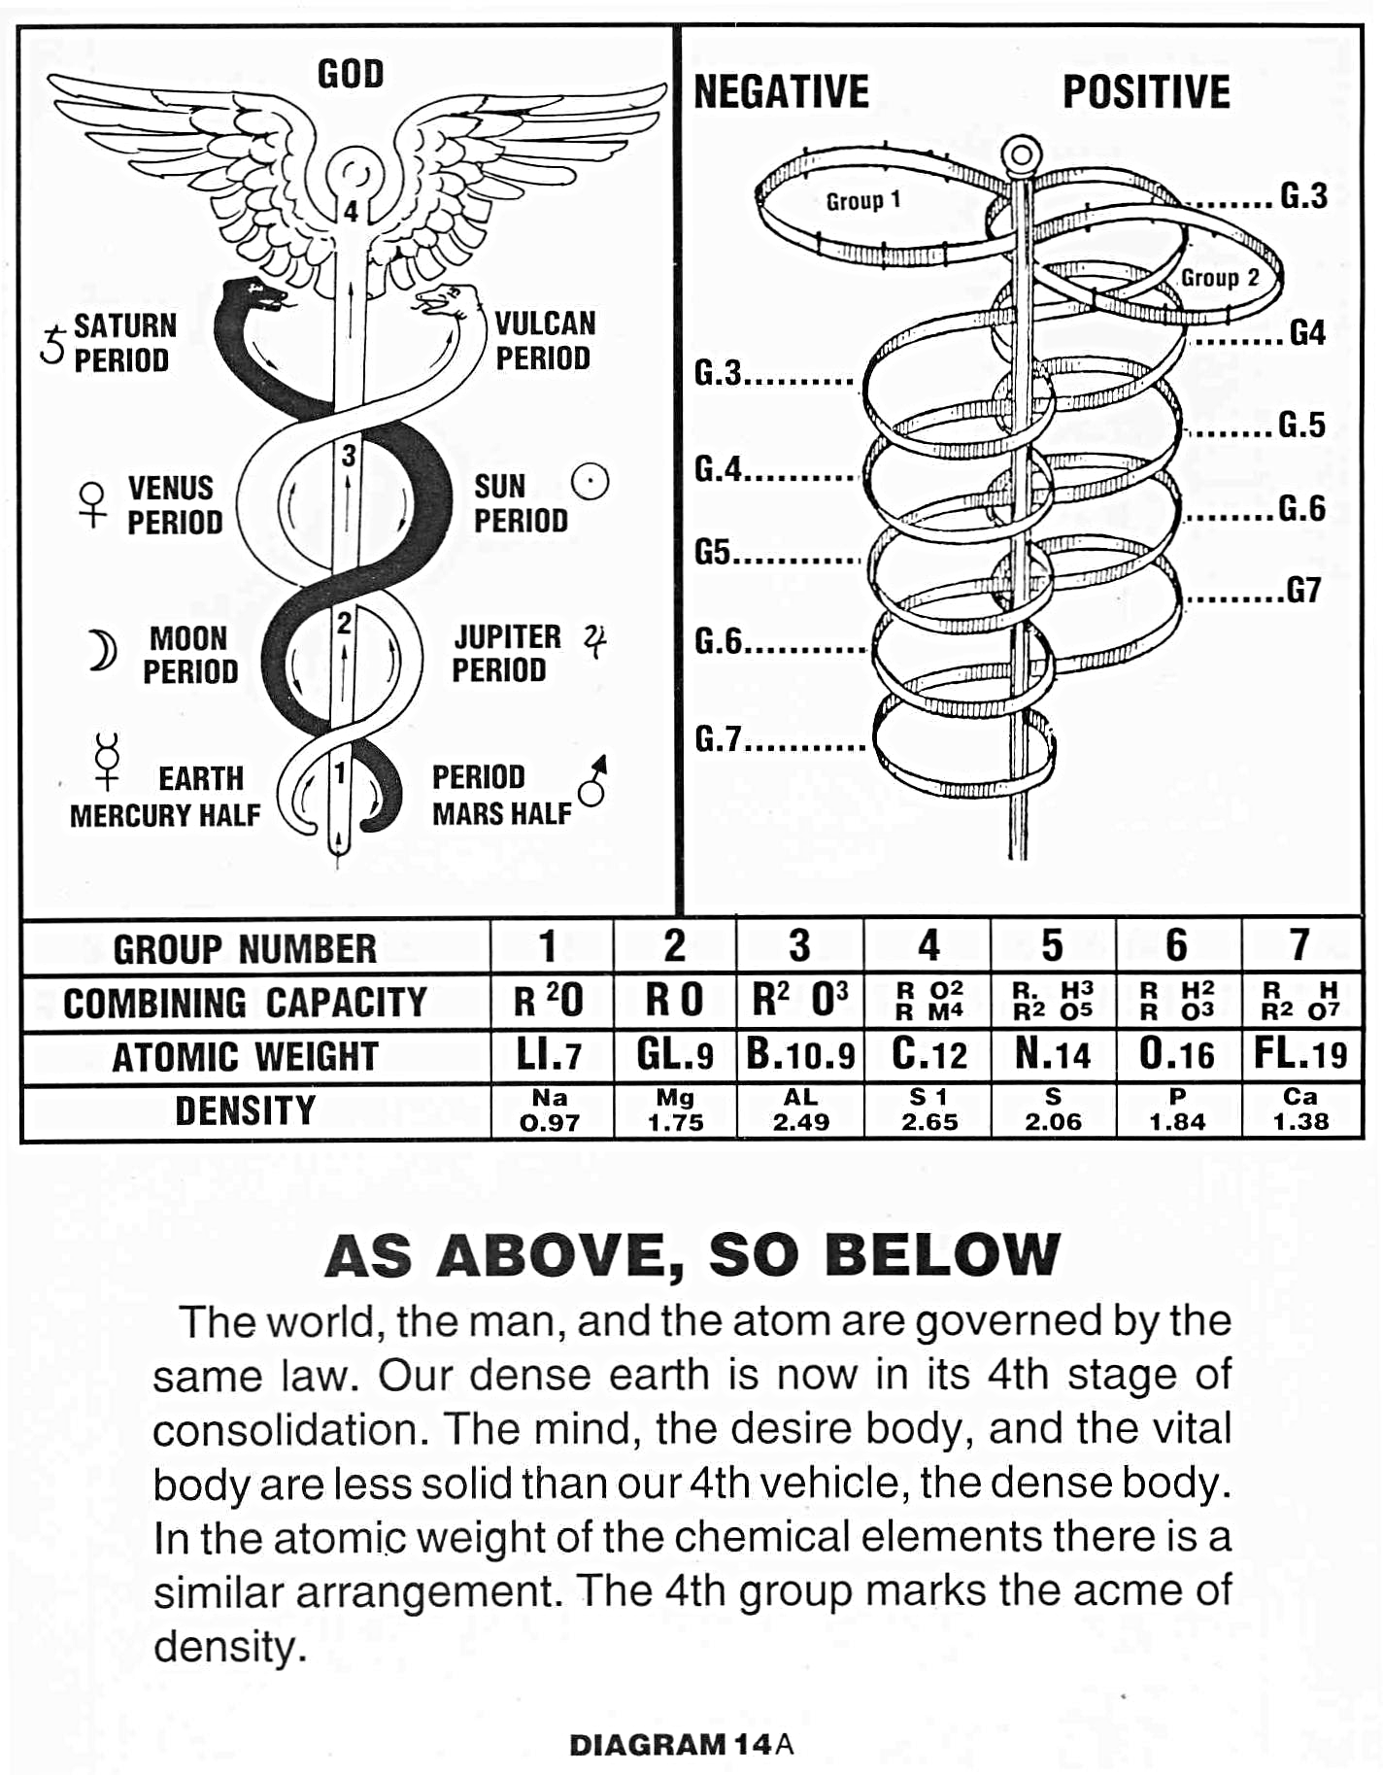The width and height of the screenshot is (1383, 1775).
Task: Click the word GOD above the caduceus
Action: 351,74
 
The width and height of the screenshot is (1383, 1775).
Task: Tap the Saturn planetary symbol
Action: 52,345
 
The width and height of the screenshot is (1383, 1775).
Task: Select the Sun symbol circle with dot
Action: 590,481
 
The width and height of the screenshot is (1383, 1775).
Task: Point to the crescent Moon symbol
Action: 102,651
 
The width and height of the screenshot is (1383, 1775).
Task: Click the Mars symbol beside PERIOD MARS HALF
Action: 593,780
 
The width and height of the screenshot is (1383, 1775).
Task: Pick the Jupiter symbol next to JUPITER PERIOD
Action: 595,641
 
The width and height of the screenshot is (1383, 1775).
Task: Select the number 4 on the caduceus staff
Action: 351,212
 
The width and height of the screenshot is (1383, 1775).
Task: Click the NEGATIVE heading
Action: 781,92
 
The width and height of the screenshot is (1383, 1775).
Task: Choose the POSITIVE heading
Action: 1146,92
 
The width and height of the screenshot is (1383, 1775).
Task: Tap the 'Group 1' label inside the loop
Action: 863,201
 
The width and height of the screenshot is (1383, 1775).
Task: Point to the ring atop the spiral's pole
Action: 1020,154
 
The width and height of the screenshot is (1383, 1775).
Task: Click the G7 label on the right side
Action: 1303,590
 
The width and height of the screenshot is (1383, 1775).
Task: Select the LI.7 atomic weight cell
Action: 550,1056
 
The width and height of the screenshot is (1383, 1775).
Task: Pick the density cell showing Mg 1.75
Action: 675,1110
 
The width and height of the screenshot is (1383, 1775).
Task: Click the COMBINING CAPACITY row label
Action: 245,1003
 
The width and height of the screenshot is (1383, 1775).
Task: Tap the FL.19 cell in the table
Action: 1300,1054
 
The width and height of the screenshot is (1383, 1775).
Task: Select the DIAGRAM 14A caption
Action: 681,1745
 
